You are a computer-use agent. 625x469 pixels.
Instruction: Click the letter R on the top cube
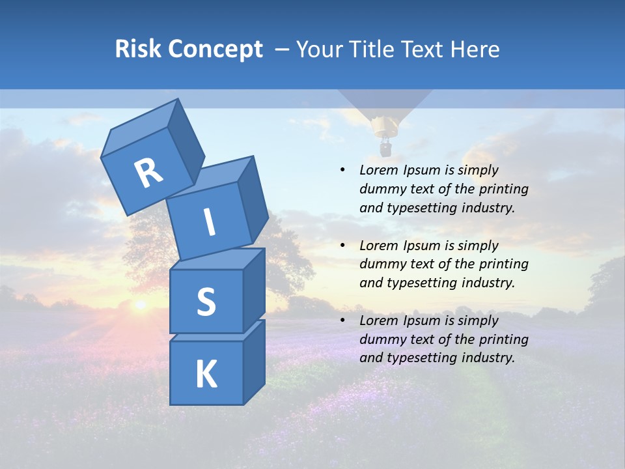point(149,173)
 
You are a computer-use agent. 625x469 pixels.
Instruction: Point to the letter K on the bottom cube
point(206,375)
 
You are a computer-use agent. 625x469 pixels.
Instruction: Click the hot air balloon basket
point(385,150)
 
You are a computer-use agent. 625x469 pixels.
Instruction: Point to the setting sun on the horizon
point(139,304)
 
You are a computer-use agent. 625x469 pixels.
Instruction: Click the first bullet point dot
point(342,171)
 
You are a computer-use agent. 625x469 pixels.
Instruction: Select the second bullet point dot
point(342,246)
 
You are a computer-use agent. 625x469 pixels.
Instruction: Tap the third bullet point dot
point(342,320)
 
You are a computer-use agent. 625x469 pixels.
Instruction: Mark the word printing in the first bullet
point(504,189)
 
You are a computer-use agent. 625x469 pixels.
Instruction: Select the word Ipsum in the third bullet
point(422,320)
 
